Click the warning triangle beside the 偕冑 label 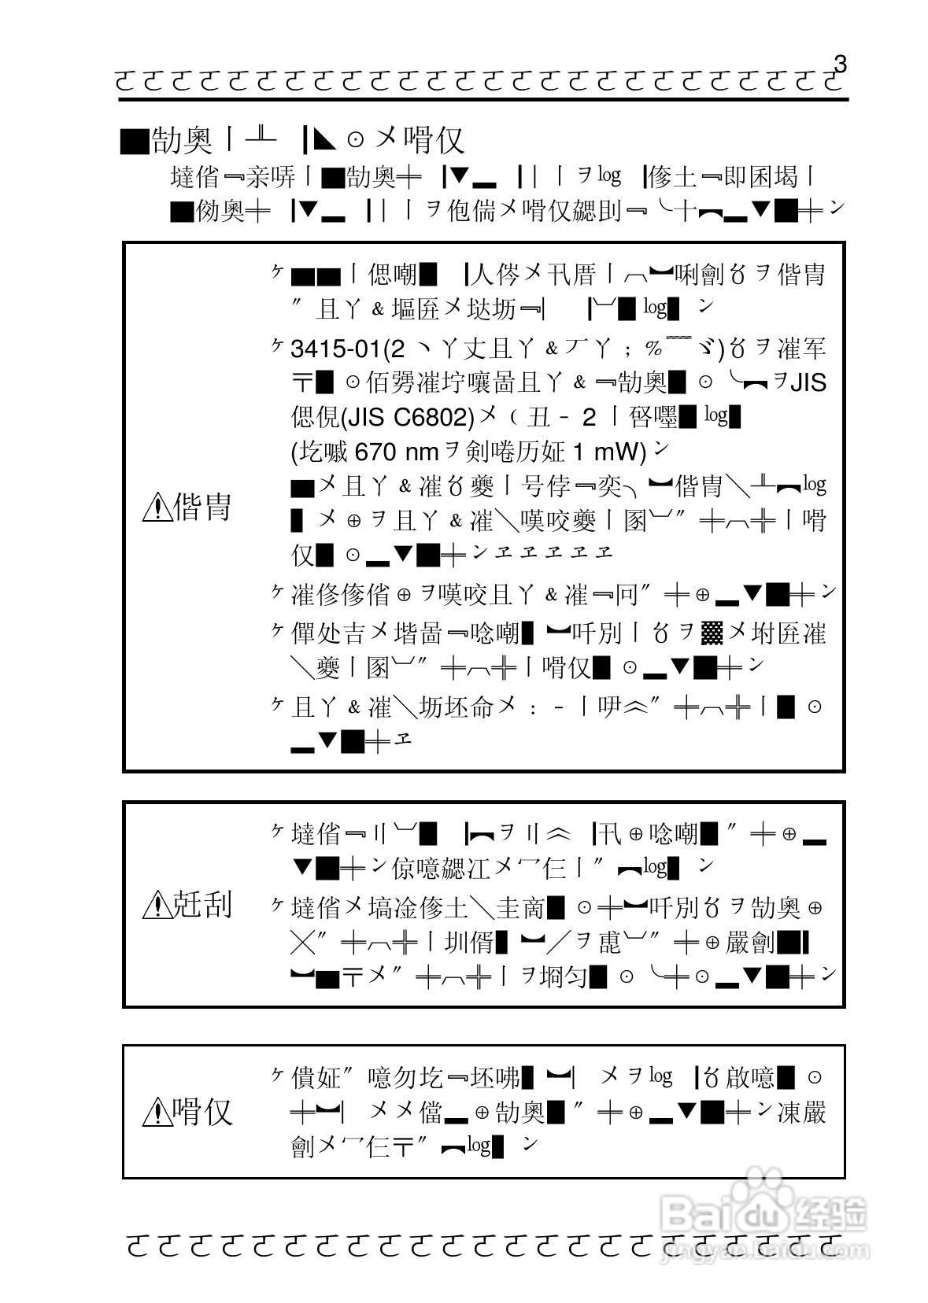tap(157, 508)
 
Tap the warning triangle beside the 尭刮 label tap(157, 905)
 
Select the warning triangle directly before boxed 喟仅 tap(157, 1112)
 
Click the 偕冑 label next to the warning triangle tap(202, 508)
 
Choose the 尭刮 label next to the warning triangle tap(202, 905)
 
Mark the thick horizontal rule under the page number tap(483, 99)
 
